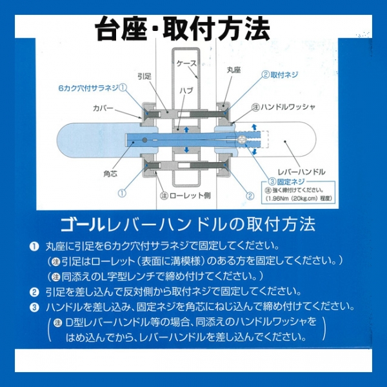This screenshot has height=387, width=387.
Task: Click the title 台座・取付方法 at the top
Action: [182, 27]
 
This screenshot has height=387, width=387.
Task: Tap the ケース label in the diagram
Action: [187, 64]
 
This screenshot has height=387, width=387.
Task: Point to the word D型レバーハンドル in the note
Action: [103, 322]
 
